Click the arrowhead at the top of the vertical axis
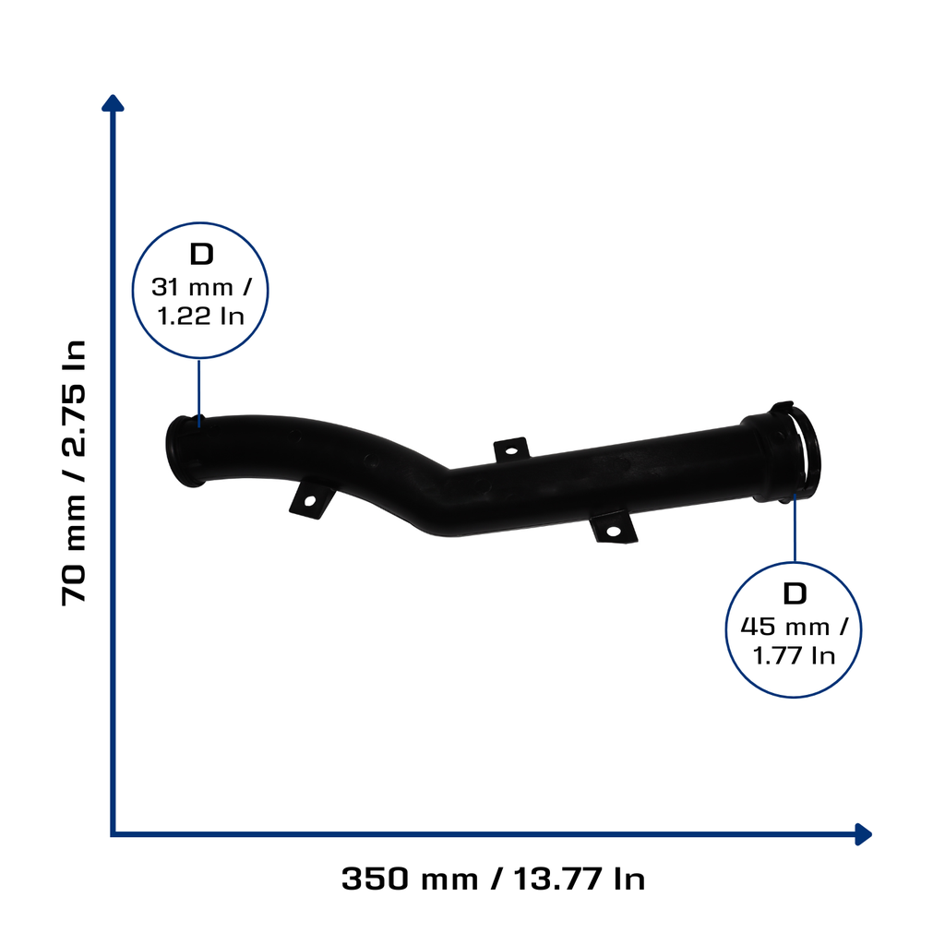113,103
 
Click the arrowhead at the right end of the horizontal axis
864,834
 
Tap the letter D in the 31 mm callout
201,255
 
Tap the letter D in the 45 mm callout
795,593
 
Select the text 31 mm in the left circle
192,288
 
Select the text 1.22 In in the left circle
200,316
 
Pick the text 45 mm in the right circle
784,627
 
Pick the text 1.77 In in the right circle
794,656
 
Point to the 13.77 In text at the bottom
580,879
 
